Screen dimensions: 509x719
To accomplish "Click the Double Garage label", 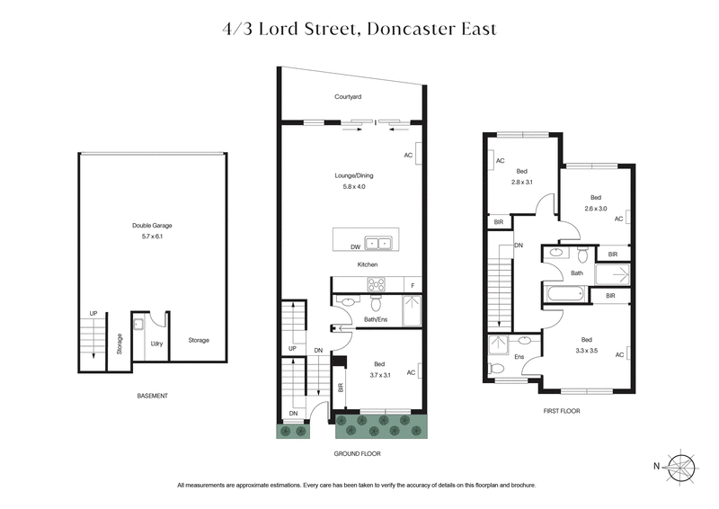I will tap(131, 227).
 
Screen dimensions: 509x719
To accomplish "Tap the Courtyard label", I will tap(348, 96).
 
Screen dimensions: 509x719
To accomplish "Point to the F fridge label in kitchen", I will tap(413, 286).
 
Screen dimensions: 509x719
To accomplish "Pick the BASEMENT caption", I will tap(152, 396).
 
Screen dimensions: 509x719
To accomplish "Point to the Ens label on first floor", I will tap(519, 356).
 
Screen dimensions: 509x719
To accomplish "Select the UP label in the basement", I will tap(93, 313).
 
